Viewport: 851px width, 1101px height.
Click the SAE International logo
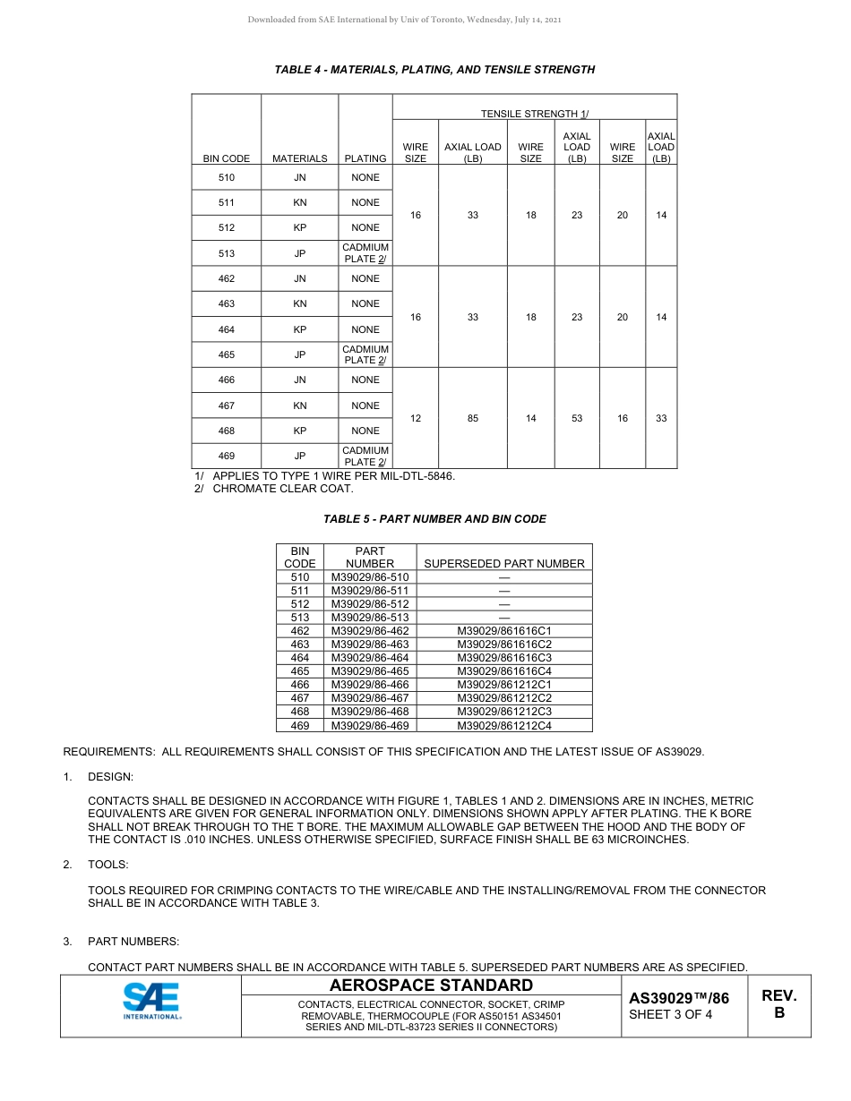click(150, 1002)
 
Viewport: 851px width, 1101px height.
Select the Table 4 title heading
click(434, 70)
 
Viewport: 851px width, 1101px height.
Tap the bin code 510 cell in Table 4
click(227, 177)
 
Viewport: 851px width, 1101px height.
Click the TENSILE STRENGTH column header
click(534, 114)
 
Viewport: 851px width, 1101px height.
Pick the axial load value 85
click(473, 418)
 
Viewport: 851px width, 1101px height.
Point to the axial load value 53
click(577, 418)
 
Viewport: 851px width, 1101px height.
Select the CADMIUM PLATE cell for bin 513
click(365, 253)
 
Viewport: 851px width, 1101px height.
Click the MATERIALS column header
click(300, 158)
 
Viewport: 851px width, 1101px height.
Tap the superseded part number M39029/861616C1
click(504, 631)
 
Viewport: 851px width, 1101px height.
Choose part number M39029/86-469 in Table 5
click(370, 725)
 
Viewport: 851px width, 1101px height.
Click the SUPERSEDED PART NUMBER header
click(504, 564)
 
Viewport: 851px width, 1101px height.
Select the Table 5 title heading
click(434, 519)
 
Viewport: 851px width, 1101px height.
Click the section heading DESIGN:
click(110, 777)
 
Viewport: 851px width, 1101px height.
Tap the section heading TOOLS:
click(107, 865)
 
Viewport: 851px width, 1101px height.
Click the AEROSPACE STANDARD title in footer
click(431, 986)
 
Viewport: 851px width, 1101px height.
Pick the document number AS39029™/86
click(679, 998)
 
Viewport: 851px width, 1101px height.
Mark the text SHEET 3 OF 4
click(671, 1015)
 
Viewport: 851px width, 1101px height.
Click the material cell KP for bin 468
click(300, 431)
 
